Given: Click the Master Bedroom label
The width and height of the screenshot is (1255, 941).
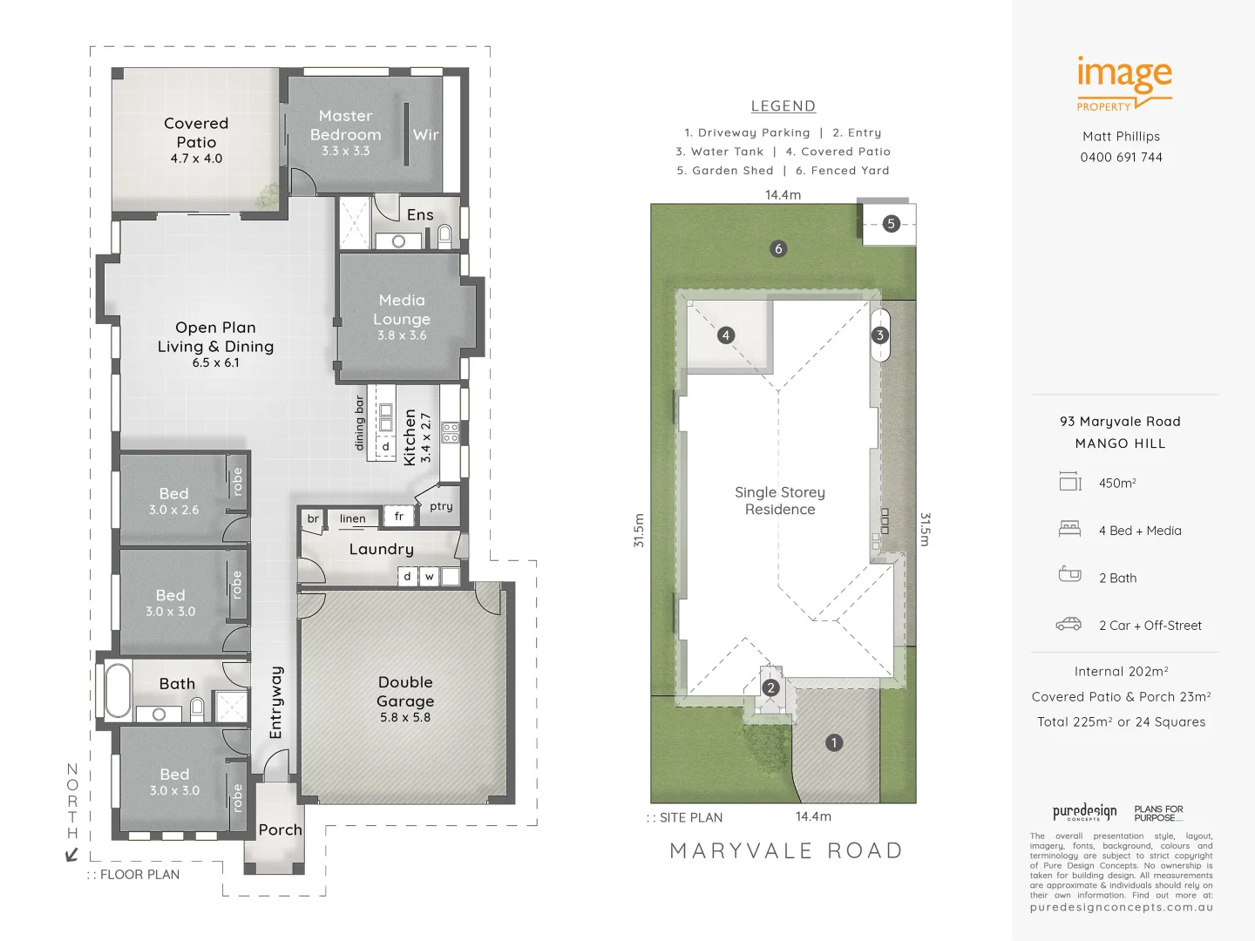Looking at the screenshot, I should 345,125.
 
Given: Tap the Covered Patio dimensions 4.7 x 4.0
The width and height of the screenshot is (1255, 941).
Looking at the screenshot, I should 196,159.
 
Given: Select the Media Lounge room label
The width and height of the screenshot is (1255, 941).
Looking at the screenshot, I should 402,309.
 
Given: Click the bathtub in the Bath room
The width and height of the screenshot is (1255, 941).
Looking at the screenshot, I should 118,689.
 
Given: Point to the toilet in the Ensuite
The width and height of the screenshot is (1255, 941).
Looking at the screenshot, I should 444,234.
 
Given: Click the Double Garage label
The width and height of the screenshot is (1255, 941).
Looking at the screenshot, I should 405,692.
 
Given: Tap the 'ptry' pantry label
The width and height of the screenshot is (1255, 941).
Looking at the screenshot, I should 441,506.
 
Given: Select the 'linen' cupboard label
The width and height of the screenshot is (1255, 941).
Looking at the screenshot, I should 352,518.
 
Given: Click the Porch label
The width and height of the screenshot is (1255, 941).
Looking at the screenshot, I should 280,830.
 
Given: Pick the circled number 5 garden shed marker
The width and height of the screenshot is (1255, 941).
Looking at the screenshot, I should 890,224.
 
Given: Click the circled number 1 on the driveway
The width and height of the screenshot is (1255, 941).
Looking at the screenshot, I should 834,743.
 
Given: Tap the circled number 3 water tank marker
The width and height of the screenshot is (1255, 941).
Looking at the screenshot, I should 880,335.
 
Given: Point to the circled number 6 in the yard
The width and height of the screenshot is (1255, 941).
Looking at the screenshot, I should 778,248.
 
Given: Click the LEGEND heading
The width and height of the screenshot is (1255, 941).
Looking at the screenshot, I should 783,106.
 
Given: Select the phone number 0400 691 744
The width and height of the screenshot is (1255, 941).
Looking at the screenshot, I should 1121,158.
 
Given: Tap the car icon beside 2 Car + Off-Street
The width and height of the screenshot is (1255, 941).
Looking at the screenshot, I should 1068,625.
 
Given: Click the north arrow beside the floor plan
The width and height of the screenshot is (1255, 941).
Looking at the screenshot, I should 72,854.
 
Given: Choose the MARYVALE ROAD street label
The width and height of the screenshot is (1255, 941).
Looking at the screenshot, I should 785,850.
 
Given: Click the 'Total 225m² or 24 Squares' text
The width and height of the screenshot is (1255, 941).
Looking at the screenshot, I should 1121,722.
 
